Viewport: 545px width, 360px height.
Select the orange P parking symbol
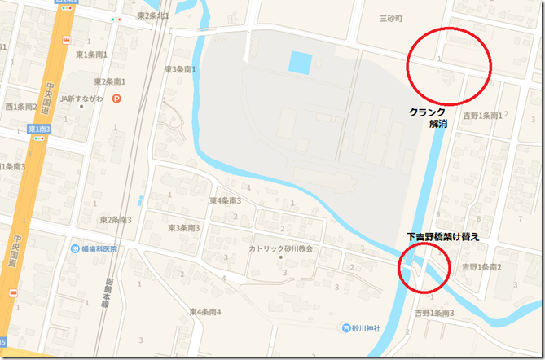point(116,99)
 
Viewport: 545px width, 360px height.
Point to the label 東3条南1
point(180,69)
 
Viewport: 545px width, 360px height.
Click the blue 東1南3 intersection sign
point(39,130)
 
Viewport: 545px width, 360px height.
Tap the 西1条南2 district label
point(21,106)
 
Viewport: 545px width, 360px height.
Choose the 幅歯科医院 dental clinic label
point(96,248)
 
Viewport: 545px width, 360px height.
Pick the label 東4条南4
point(205,311)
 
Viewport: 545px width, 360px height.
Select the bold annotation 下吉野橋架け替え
point(442,237)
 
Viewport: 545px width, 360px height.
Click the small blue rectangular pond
point(300,61)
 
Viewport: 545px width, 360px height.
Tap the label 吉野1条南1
point(481,116)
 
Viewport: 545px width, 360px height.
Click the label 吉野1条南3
point(434,313)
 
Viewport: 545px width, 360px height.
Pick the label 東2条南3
point(115,220)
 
